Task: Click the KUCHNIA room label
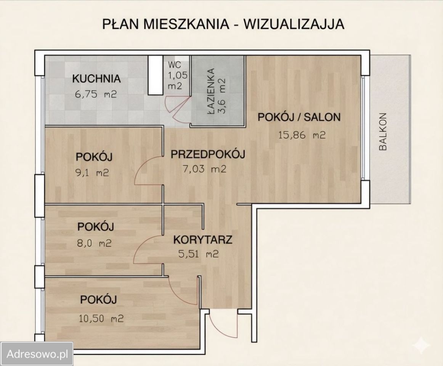[x=96, y=79]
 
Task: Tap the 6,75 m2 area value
[x=96, y=95]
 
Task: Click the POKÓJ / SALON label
[x=299, y=117]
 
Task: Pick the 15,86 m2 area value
[x=300, y=135]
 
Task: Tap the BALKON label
[x=383, y=132]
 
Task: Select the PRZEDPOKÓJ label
[x=207, y=154]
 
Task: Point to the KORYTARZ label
[x=203, y=240]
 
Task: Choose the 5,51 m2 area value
[x=199, y=254]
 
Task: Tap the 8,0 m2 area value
[x=94, y=243]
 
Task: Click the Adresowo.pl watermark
[x=37, y=354]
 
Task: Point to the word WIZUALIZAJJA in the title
[x=294, y=24]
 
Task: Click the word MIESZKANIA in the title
[x=185, y=24]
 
